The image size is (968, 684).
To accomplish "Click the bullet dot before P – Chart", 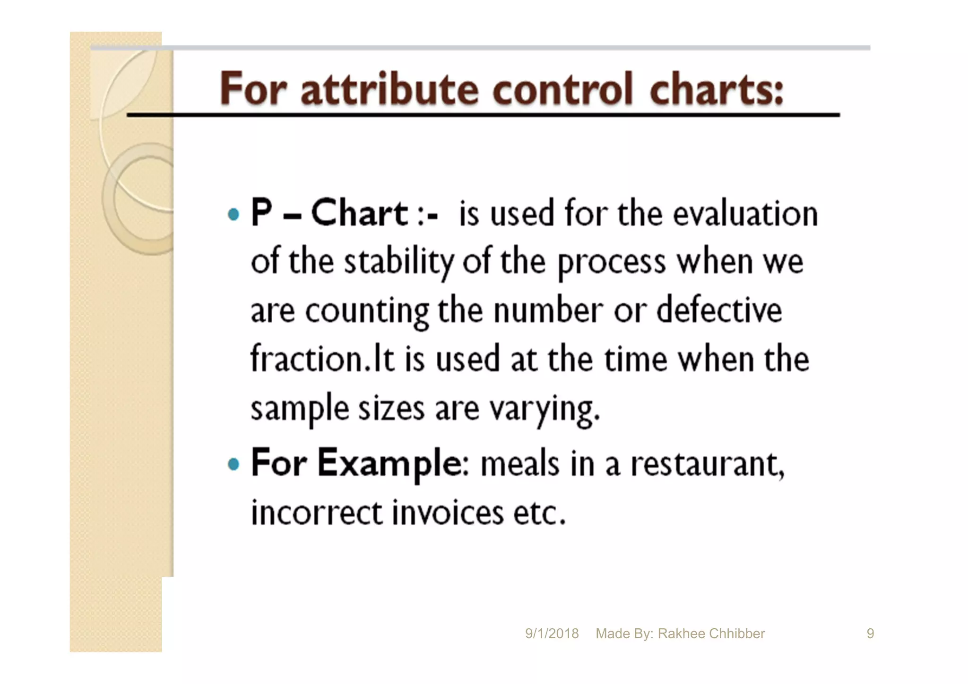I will (x=233, y=214).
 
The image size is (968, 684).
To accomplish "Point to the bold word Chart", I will (x=359, y=213).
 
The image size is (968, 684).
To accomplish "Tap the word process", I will (x=612, y=262).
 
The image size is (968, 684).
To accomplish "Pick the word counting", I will (x=367, y=312).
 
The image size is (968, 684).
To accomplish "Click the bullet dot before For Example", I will (x=233, y=464).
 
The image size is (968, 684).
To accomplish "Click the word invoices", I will (x=448, y=513).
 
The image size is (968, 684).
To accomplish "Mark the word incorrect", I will (x=316, y=513).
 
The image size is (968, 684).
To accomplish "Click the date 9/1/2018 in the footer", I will (x=552, y=633).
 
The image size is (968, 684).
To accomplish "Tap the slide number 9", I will (x=870, y=633).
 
